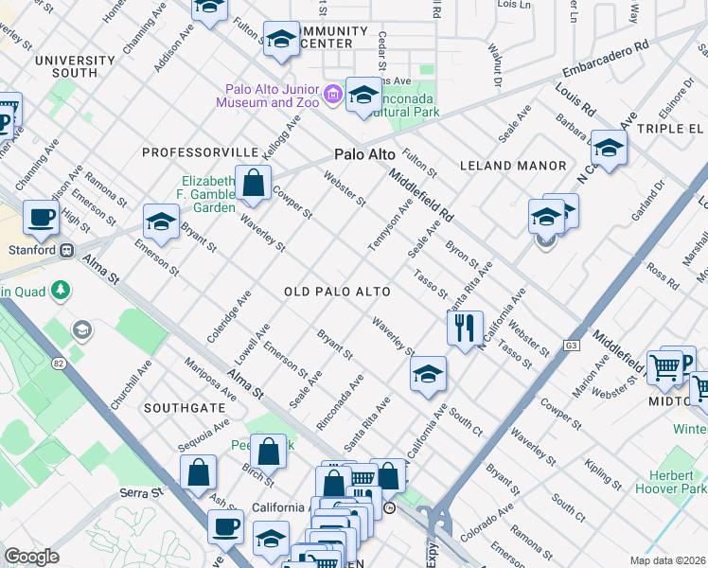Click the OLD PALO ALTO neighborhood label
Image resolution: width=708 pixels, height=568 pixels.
pyautogui.click(x=338, y=293)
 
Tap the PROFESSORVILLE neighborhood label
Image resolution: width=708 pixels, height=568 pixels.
pyautogui.click(x=200, y=151)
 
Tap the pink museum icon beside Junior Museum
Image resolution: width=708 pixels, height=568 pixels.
pyautogui.click(x=332, y=94)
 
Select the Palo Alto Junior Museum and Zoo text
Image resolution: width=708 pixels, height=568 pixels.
pyautogui.click(x=269, y=94)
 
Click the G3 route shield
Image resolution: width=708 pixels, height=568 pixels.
pyautogui.click(x=572, y=346)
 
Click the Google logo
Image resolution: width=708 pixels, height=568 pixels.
pyautogui.click(x=31, y=557)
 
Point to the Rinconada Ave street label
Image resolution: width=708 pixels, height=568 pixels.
pyautogui.click(x=340, y=402)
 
